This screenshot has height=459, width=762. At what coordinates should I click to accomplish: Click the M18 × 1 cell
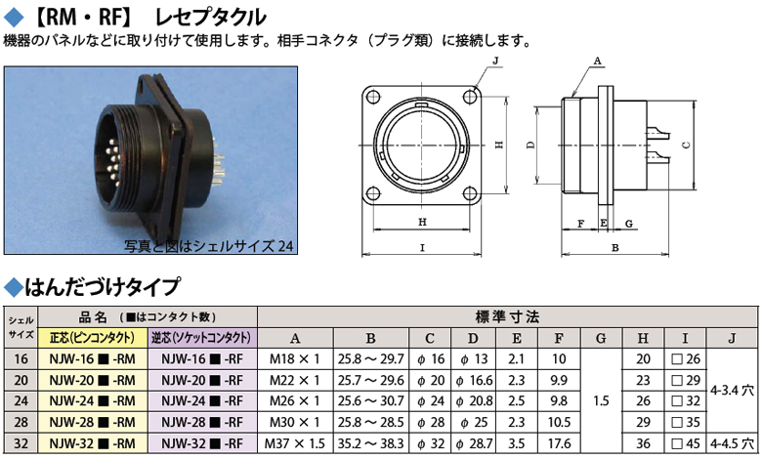(295, 359)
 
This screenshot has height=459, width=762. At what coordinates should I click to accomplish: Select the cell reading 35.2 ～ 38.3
(371, 443)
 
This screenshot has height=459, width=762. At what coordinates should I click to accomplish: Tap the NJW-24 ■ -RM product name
(93, 401)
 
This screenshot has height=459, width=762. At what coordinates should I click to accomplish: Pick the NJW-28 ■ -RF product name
(201, 423)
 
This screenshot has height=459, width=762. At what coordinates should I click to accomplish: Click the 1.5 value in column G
(601, 401)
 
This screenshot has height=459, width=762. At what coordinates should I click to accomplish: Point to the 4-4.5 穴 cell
(732, 443)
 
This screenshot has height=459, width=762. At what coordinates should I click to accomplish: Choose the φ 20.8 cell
(474, 401)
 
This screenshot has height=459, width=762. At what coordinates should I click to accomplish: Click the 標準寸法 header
(507, 317)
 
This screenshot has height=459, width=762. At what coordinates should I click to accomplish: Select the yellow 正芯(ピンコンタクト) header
(93, 338)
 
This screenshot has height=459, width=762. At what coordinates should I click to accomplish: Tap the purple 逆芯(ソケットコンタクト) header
(201, 338)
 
